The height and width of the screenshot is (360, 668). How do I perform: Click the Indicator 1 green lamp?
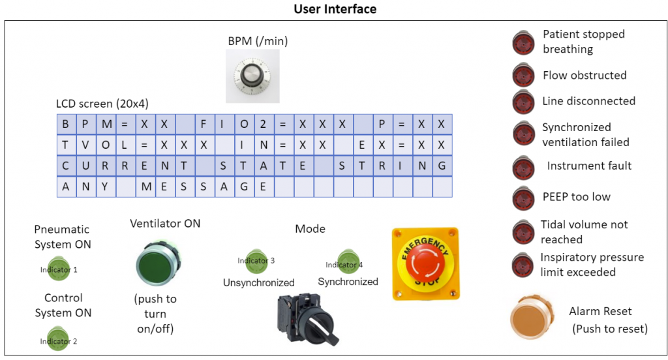pyautogui.click(x=59, y=269)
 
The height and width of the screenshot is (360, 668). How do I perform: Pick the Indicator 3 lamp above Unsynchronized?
pyautogui.click(x=256, y=260)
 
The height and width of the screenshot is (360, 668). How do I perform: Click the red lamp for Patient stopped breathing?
pyautogui.click(x=524, y=41)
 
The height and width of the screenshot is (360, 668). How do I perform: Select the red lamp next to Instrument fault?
pyautogui.click(x=523, y=167)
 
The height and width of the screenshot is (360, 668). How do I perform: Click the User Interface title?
pyautogui.click(x=335, y=8)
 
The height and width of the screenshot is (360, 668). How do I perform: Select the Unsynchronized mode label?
pyautogui.click(x=258, y=283)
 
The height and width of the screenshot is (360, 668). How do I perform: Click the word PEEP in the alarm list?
pyautogui.click(x=556, y=197)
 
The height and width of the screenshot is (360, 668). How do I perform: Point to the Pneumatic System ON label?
pyautogui.click(x=62, y=237)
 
